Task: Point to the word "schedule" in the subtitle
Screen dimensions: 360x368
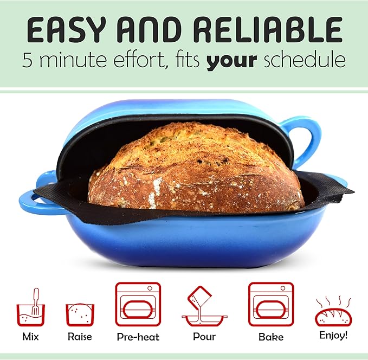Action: (x=305, y=60)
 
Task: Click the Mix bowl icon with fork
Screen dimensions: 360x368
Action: (x=30, y=308)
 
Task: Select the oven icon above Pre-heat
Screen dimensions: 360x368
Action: (x=138, y=304)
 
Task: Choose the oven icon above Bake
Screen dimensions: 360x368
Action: (x=270, y=304)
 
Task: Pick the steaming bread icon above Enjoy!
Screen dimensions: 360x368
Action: (x=333, y=312)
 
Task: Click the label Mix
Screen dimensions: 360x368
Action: (x=30, y=336)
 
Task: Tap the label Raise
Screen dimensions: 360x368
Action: (x=80, y=336)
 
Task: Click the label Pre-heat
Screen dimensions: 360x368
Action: (x=138, y=337)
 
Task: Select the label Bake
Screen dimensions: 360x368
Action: (x=271, y=337)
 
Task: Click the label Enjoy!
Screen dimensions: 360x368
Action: (x=333, y=335)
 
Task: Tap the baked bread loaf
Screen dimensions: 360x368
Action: (x=195, y=168)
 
